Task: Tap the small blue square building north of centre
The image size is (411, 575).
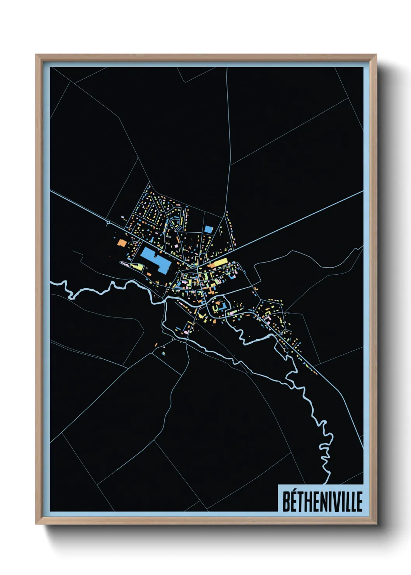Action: (x=209, y=229)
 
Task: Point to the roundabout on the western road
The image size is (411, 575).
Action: (x=108, y=223)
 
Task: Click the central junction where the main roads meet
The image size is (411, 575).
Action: (x=198, y=267)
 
